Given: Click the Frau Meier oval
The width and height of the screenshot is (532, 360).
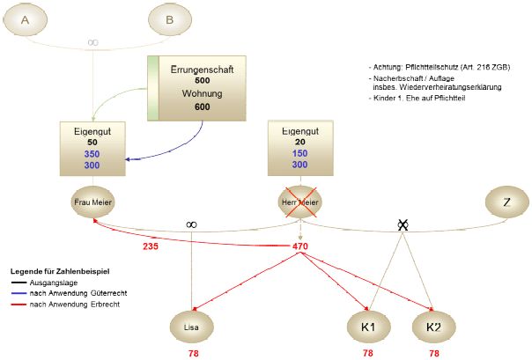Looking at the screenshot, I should coord(92,202).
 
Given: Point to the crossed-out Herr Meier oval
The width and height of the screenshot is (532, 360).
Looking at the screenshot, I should coord(300,202).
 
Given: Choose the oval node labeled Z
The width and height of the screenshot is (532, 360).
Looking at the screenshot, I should coord(506,202).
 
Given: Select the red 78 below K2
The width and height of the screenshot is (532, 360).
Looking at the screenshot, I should coord(433,353).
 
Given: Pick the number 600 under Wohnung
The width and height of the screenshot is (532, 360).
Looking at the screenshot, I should coord(202,107).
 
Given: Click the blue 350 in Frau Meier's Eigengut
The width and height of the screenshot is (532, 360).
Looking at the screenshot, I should coord(92,153).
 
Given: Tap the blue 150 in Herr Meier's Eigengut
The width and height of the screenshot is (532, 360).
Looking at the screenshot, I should coord(300,153).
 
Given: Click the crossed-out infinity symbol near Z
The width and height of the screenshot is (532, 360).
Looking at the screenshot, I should coord(403,225).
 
